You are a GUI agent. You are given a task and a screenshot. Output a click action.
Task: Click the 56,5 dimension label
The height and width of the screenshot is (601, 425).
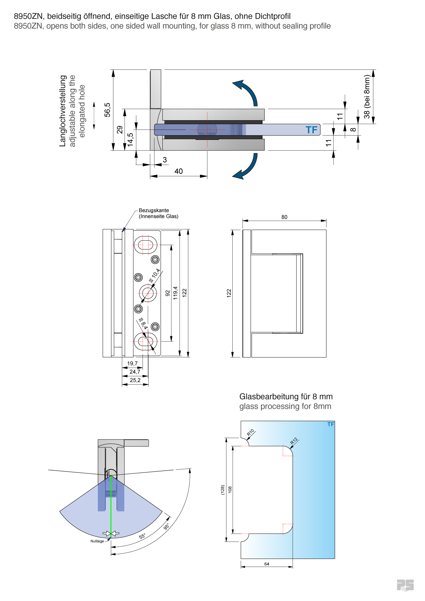107,110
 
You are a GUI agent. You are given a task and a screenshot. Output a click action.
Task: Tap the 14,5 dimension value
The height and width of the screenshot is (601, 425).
130,140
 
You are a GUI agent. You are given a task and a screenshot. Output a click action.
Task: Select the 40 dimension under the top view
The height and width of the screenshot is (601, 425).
179,171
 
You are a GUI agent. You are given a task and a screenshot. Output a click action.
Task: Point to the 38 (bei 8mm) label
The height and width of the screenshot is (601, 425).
367,96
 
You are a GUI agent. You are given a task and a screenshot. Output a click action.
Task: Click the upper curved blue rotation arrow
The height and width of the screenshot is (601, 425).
247,92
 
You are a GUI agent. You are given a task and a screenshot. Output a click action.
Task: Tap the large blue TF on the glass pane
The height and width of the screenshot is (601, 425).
311,130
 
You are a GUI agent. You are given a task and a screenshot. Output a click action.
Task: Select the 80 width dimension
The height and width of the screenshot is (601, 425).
284,217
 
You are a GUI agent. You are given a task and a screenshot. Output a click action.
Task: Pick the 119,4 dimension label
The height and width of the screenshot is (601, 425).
175,293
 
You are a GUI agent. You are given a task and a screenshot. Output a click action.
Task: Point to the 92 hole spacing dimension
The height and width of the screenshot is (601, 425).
168,293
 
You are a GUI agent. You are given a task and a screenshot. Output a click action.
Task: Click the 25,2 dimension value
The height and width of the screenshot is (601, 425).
135,380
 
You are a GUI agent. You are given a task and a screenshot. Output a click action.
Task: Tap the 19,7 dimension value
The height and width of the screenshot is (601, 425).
132,363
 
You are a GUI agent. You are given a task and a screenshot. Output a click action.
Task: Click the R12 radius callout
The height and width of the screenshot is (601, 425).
293,441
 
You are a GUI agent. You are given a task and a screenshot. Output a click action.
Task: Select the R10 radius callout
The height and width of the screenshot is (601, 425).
250,433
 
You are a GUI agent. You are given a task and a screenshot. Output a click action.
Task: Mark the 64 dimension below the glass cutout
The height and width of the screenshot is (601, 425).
266,564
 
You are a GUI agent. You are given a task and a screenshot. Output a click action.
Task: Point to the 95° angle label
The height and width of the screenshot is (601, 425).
166,527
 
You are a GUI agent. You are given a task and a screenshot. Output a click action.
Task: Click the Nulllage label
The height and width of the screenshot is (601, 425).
97,541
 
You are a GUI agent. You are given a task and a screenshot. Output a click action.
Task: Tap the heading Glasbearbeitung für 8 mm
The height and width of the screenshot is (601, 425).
286,397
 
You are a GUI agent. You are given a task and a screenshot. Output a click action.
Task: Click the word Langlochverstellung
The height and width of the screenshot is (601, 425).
63,111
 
